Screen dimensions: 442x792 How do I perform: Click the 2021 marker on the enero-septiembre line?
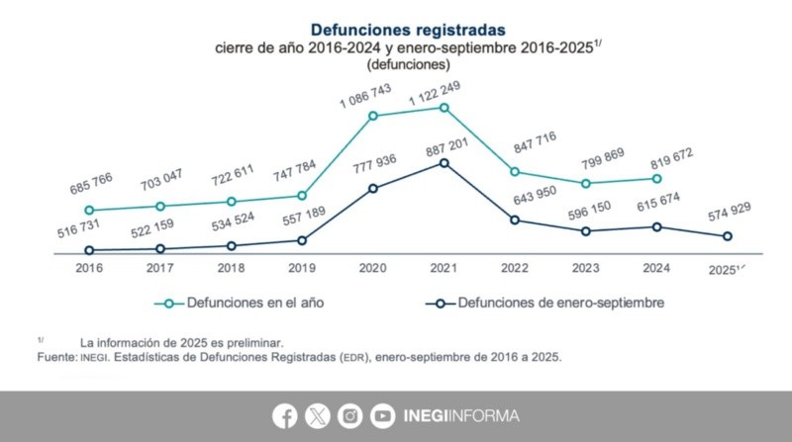click(x=444, y=162)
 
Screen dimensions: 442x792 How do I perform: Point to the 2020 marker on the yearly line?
click(x=373, y=116)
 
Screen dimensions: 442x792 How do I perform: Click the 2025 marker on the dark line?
click(x=728, y=236)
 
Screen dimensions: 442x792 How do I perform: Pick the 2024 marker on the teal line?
click(x=656, y=179)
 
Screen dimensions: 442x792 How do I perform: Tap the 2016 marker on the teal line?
click(x=90, y=211)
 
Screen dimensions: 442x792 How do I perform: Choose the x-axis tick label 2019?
click(x=302, y=268)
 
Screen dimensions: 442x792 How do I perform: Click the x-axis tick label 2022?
click(x=515, y=268)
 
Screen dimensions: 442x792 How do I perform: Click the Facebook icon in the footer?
click(x=286, y=416)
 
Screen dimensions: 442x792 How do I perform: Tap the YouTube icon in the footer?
click(x=381, y=416)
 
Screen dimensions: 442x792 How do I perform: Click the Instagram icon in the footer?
click(x=349, y=416)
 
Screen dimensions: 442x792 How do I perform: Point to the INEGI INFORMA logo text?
click(x=461, y=416)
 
